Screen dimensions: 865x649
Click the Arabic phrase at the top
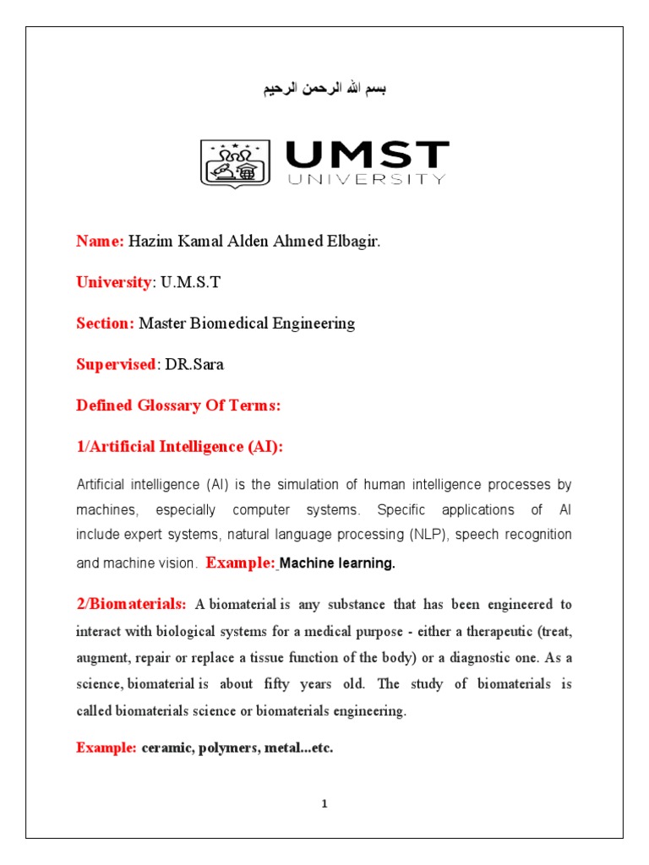click(x=324, y=89)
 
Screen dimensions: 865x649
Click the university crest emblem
click(x=235, y=164)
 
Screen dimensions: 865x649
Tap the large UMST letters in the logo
click(x=367, y=155)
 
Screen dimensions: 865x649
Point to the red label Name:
click(x=101, y=242)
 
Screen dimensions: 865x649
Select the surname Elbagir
click(x=356, y=242)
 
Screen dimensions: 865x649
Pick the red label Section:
click(x=105, y=323)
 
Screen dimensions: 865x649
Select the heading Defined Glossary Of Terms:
click(x=178, y=405)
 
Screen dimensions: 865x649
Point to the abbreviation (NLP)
click(x=431, y=535)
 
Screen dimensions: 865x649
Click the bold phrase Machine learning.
click(x=337, y=563)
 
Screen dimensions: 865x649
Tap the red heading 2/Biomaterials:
click(x=131, y=604)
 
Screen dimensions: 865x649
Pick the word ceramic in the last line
click(x=165, y=748)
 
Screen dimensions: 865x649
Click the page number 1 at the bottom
click(x=324, y=804)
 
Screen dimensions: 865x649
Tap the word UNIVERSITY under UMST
click(x=366, y=179)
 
